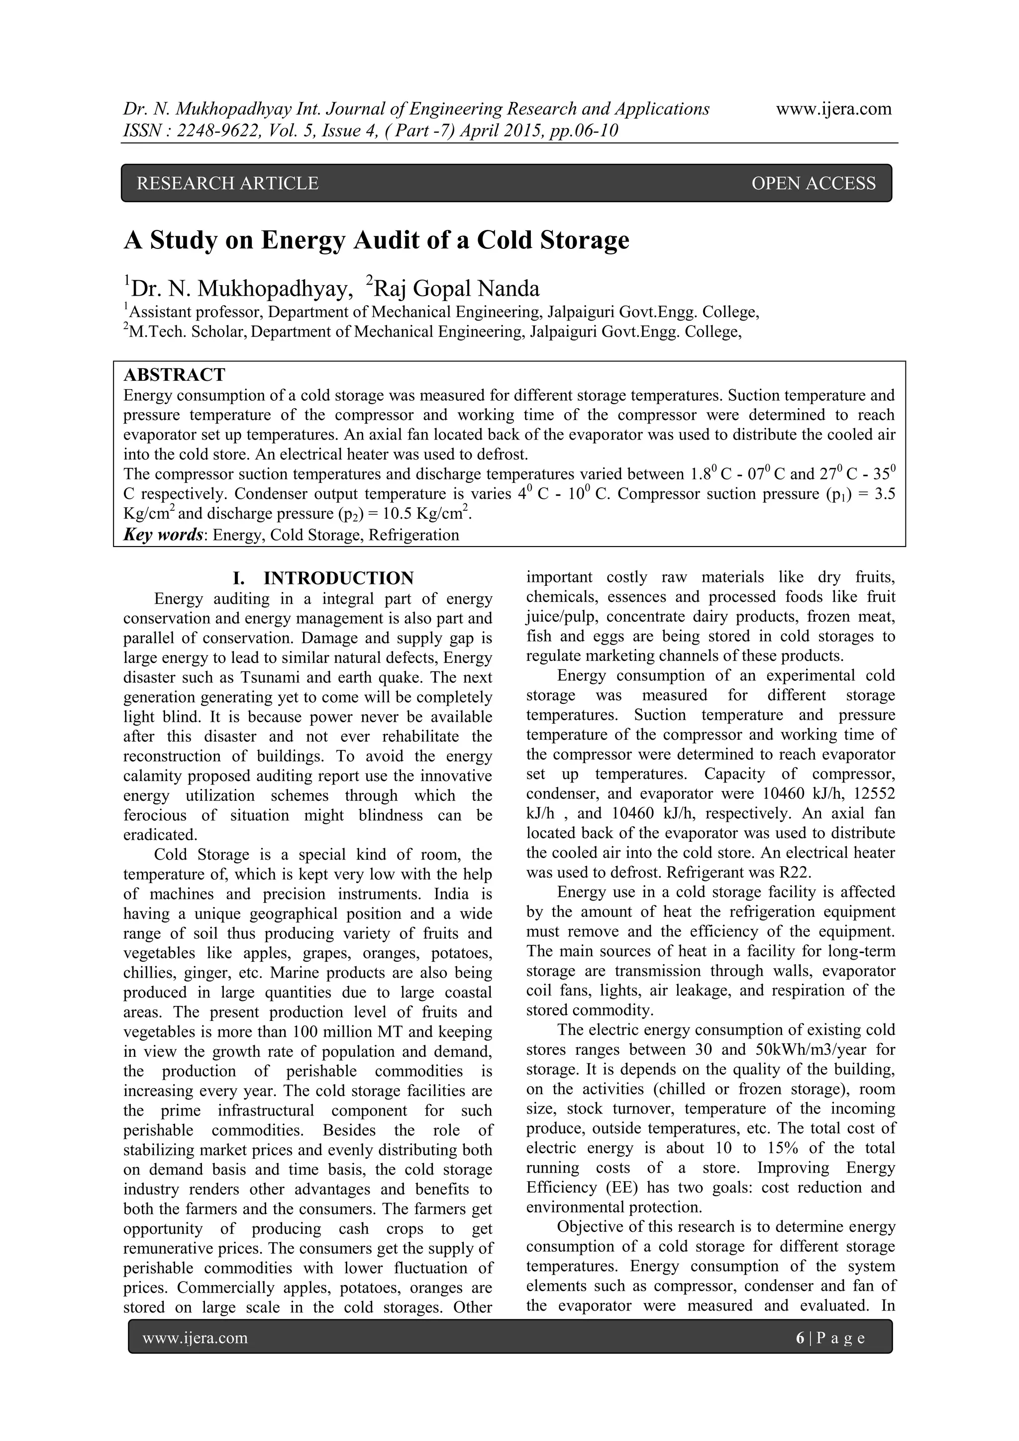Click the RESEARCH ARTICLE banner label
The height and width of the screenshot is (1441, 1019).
coord(227,183)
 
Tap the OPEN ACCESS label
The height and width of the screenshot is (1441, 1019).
coord(813,183)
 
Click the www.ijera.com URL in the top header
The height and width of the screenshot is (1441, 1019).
coord(834,109)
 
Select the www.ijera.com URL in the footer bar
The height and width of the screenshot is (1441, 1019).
coord(195,1338)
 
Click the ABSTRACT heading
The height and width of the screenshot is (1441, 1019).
coord(174,375)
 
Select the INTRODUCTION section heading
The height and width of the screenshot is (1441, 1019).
coord(338,578)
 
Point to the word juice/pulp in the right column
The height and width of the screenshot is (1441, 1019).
coord(561,616)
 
